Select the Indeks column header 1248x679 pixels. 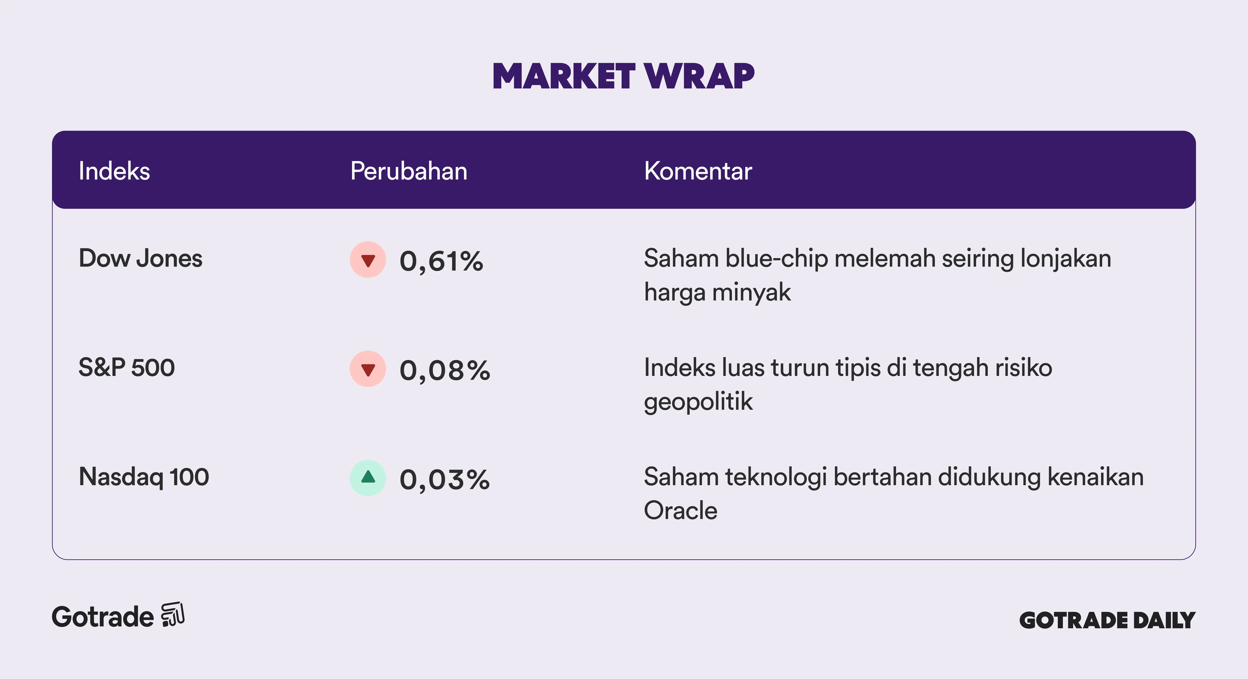[x=114, y=171]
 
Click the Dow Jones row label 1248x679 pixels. [x=140, y=258]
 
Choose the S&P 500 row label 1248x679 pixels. [x=127, y=367]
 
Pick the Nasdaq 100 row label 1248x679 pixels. [x=144, y=477]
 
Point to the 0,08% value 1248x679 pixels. [x=445, y=371]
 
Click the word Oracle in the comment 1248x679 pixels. [x=681, y=510]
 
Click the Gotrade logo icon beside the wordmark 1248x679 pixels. [x=173, y=615]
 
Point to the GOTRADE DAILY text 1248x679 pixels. [x=1108, y=620]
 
